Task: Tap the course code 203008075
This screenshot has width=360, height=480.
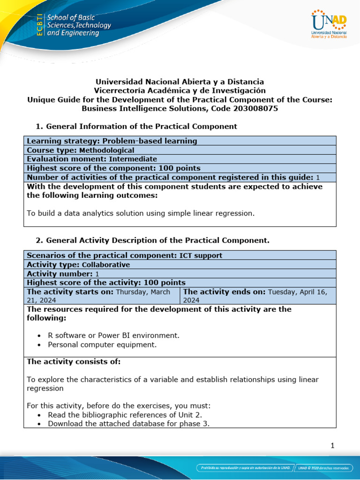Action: (256, 108)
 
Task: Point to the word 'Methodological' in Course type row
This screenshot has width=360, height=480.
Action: (106, 150)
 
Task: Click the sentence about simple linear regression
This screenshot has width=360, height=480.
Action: (141, 213)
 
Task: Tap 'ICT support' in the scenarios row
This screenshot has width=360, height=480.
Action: (201, 255)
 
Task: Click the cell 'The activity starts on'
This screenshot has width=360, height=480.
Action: (101, 295)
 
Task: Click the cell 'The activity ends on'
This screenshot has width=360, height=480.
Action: (258, 295)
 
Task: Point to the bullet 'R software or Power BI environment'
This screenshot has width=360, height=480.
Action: (113, 336)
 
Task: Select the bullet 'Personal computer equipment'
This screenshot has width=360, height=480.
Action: (102, 345)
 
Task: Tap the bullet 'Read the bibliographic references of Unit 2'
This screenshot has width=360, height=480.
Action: (125, 415)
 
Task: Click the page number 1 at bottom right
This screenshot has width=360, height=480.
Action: (332, 446)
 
